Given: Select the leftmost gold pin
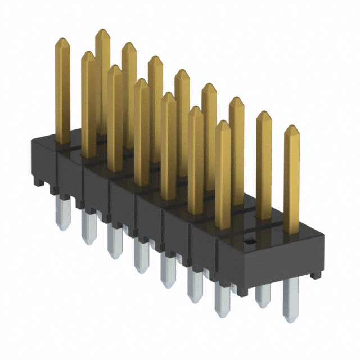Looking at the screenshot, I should (x=62, y=90).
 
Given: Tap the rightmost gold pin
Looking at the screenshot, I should (x=291, y=180).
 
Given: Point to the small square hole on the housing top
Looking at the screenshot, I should (x=251, y=241).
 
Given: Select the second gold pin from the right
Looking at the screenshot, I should (x=264, y=166).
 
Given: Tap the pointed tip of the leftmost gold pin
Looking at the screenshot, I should (x=62, y=40).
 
